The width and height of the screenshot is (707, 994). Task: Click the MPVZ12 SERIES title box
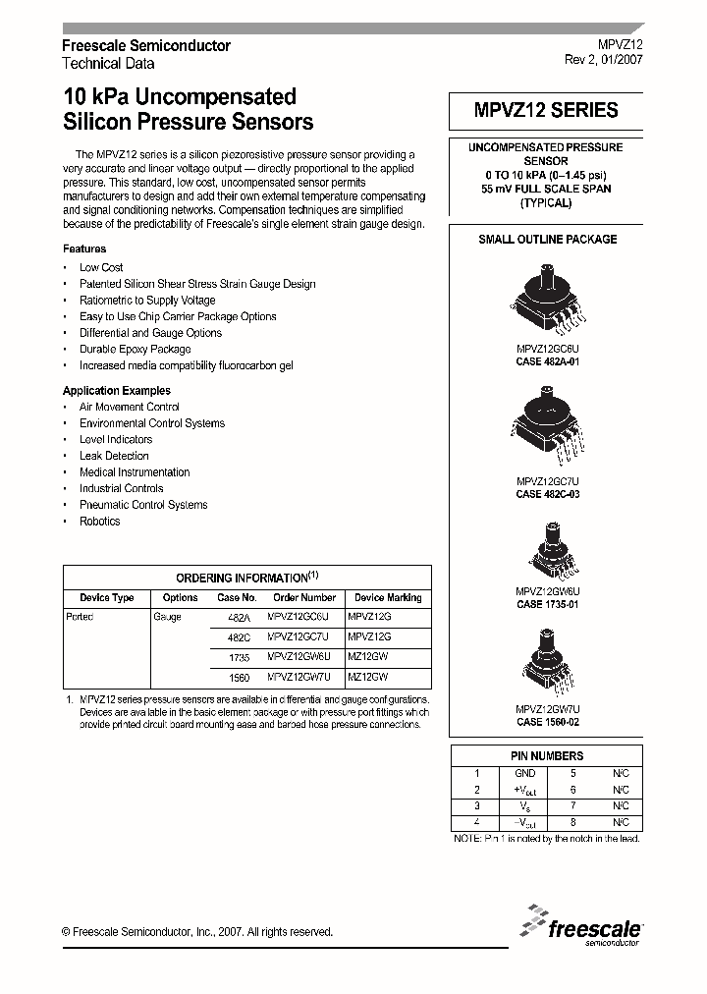click(x=547, y=111)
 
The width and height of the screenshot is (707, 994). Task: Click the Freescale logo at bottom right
click(x=582, y=926)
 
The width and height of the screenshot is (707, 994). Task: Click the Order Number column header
click(x=304, y=597)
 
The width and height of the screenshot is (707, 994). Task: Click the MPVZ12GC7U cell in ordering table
click(x=304, y=635)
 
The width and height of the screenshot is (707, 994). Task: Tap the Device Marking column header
click(x=388, y=597)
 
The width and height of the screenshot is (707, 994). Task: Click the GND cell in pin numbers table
click(x=525, y=773)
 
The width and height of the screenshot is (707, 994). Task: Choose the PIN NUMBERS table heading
click(x=547, y=756)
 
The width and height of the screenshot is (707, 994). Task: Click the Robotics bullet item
click(x=99, y=522)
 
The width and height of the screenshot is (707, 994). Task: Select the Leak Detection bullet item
click(x=114, y=456)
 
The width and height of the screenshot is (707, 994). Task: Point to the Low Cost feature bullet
click(x=101, y=267)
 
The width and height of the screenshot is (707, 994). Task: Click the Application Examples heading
click(x=117, y=391)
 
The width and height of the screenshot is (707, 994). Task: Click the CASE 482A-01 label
click(x=547, y=361)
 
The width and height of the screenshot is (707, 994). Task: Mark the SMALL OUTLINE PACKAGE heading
click(x=547, y=239)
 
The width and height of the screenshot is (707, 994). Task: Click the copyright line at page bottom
click(x=197, y=932)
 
